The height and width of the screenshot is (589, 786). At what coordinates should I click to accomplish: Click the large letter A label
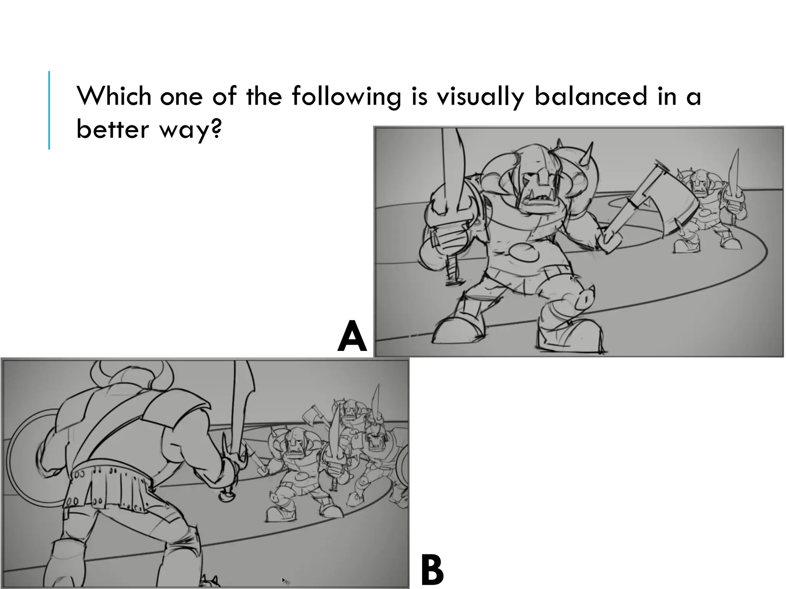point(352,337)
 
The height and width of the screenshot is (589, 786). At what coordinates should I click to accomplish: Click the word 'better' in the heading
point(112,130)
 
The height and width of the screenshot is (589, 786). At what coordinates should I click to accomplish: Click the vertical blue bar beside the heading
point(49,110)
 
